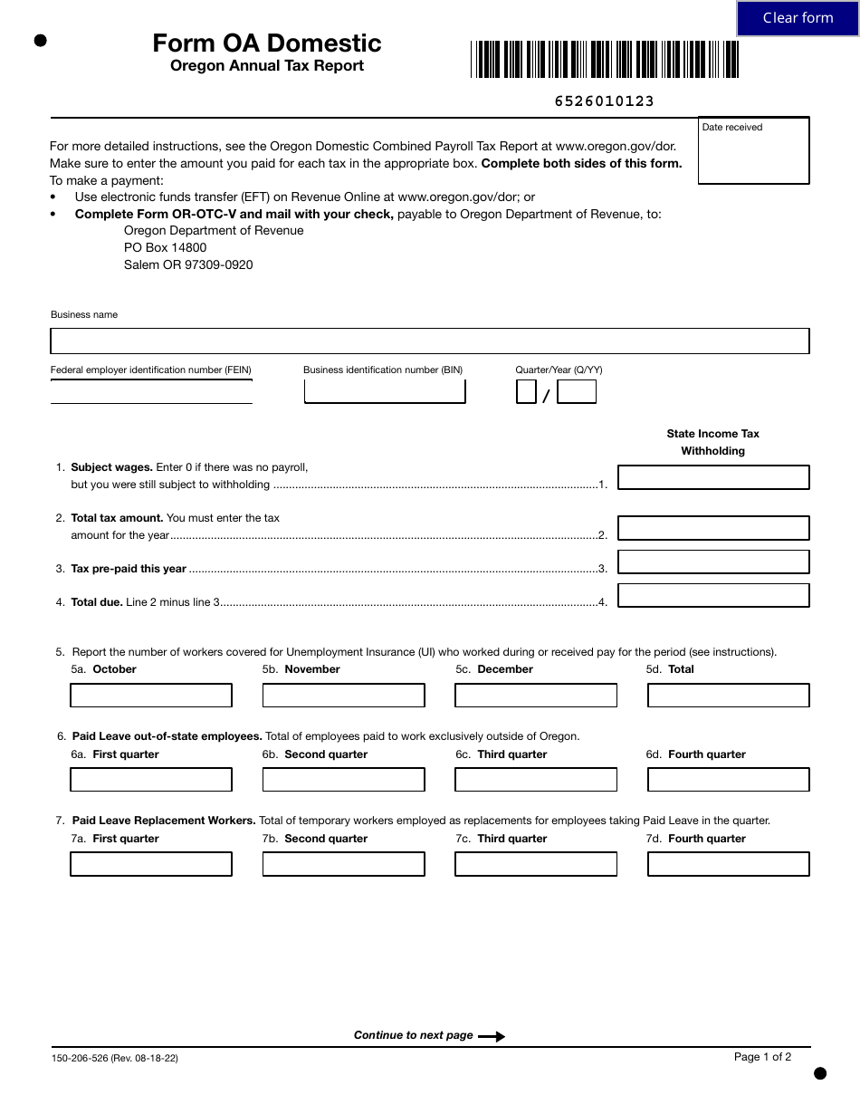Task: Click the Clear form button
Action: [798, 18]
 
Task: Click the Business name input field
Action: [429, 341]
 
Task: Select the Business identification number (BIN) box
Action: [385, 391]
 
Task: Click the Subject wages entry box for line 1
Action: [713, 477]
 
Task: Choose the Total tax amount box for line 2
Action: [713, 528]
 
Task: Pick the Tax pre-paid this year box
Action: [713, 562]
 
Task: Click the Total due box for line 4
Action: [713, 595]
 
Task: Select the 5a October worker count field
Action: [151, 696]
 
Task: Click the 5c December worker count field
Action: [536, 696]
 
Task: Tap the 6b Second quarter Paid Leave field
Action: [343, 780]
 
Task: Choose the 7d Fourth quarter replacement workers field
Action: [729, 864]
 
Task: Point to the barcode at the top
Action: [605, 60]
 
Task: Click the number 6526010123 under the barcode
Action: [604, 101]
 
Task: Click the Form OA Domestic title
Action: [267, 43]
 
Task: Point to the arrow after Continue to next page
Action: [492, 1036]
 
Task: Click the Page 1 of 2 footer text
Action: [762, 1057]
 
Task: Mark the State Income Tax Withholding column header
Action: [713, 442]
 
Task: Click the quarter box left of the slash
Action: [526, 391]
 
